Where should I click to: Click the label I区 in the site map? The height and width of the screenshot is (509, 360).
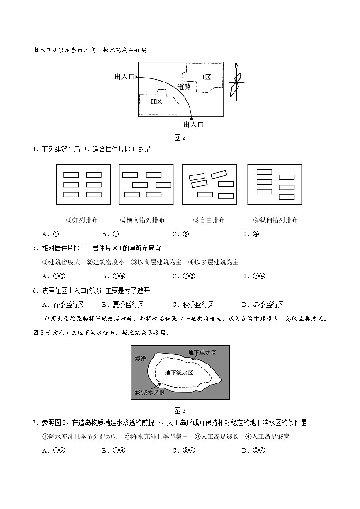point(207,77)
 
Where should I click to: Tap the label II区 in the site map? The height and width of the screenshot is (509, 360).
point(156,102)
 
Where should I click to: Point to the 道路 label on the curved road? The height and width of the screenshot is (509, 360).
point(184,87)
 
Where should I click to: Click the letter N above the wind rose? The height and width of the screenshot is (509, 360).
point(237,65)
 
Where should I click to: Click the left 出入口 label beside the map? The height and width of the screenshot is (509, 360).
point(124,78)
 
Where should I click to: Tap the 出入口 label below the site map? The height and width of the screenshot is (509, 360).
point(193,125)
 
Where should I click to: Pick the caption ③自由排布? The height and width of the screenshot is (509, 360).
point(209,220)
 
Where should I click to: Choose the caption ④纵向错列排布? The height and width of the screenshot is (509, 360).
point(276,220)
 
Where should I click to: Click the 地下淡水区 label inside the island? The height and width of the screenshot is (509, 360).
point(179,373)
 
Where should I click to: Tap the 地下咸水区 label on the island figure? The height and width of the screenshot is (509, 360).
point(202,352)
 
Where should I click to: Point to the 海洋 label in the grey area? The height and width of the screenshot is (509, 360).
point(140,358)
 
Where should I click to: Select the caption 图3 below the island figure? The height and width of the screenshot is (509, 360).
point(180,411)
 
